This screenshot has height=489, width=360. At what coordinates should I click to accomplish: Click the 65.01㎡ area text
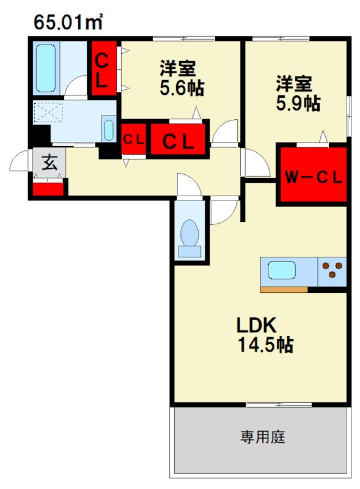coord(68,22)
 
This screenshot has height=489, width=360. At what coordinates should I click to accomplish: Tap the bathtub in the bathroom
coord(46,68)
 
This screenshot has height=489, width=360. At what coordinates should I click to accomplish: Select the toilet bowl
coord(189,232)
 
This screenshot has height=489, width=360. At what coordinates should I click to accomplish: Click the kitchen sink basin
coord(282,270)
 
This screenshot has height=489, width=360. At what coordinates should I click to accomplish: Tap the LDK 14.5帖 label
coord(265,335)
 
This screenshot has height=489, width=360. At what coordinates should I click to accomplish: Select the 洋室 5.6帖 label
coord(182,78)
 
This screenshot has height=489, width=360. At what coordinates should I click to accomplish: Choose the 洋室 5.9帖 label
coord(298,94)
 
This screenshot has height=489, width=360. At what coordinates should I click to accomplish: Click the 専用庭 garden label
coord(262,437)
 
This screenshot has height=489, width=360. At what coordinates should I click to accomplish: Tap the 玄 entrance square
coord(50,162)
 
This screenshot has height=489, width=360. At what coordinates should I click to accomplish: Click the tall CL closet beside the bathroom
coord(104,68)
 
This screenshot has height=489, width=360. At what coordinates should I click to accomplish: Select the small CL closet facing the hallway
coord(133,139)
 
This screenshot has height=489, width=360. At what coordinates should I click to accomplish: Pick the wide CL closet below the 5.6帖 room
coord(178,139)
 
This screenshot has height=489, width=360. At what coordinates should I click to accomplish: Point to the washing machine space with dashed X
coord(48,112)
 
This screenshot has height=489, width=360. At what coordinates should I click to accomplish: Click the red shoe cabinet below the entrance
coord(48,189)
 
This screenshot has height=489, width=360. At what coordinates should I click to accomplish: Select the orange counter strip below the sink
coord(284,290)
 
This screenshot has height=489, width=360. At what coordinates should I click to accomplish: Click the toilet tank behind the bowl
coord(189,251)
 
